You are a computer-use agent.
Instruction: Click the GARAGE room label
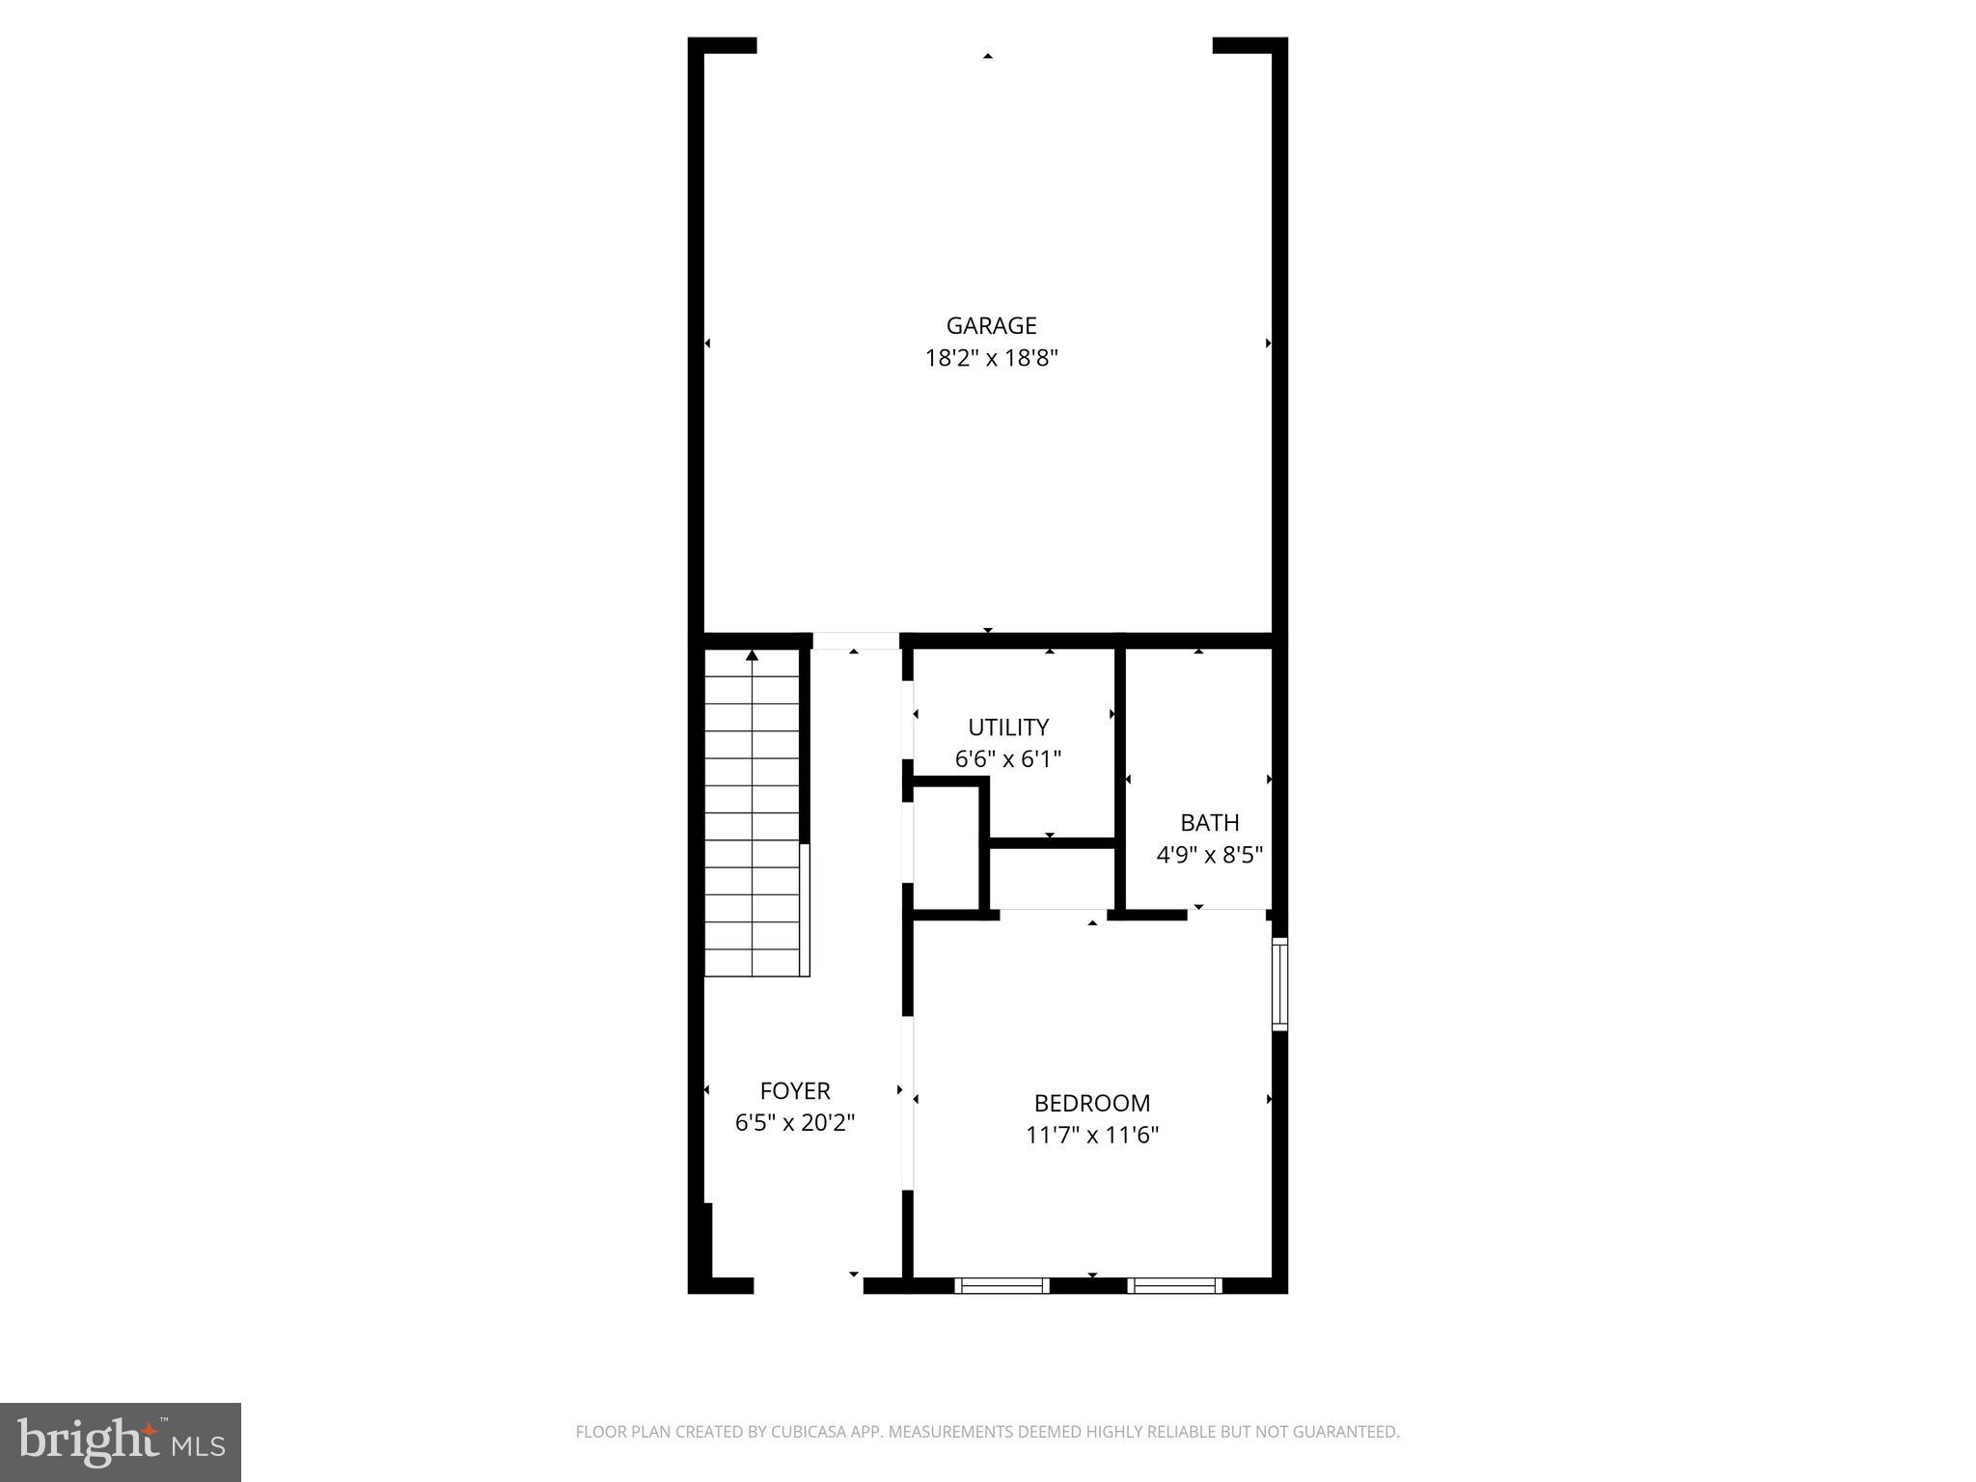tap(991, 326)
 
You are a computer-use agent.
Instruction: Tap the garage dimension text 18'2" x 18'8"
tap(991, 359)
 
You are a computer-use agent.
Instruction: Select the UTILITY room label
tap(1008, 727)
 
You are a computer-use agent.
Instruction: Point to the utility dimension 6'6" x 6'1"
tap(1008, 759)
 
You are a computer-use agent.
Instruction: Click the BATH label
tap(1210, 823)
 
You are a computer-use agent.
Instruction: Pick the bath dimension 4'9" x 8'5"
tap(1210, 855)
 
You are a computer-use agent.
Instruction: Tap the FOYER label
tap(795, 1091)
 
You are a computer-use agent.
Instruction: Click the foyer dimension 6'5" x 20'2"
tap(795, 1123)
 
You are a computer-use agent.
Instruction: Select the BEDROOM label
tap(1092, 1103)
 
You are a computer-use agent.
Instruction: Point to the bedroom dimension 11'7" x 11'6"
tap(1092, 1135)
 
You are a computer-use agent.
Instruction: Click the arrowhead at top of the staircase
tap(752, 656)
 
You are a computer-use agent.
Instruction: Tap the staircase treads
tap(753, 820)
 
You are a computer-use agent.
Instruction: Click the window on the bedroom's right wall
tap(1279, 983)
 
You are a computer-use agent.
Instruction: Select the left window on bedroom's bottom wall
tap(1002, 1285)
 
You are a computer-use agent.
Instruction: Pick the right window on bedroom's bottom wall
tap(1174, 1285)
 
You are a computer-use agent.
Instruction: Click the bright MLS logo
tap(121, 1442)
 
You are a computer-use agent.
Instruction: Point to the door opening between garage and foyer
tap(855, 641)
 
